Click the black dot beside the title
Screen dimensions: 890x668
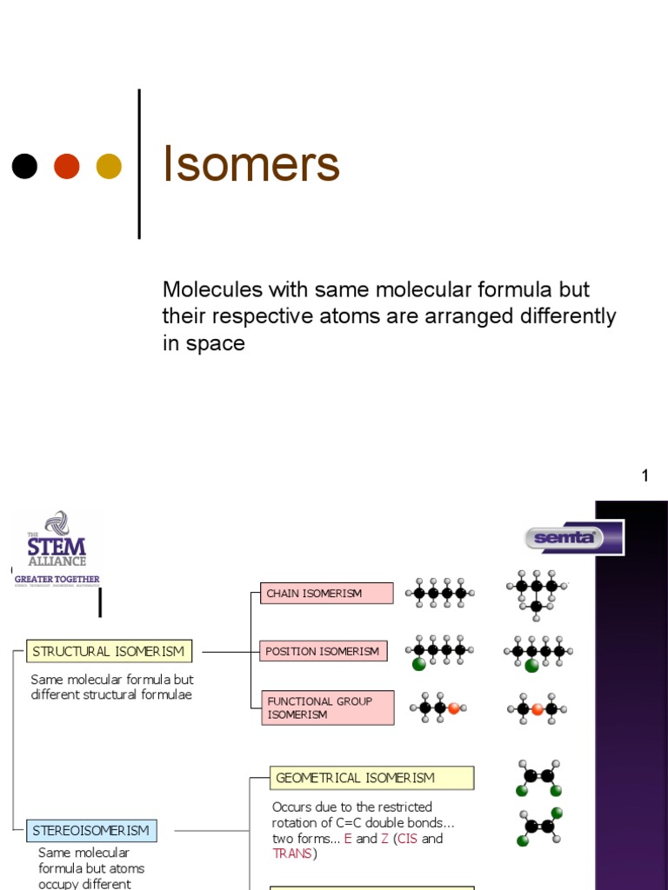tap(24, 166)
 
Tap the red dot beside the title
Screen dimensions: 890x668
tap(67, 166)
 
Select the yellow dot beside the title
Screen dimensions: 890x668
tap(109, 166)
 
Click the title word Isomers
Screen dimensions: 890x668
tap(250, 165)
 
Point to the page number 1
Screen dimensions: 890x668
tap(645, 475)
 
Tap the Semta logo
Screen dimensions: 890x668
tap(571, 537)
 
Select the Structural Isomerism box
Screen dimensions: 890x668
tap(109, 651)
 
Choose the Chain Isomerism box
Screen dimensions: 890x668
tap(326, 594)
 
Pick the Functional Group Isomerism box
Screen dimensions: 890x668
tap(327, 707)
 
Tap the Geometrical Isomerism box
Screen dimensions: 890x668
tap(371, 778)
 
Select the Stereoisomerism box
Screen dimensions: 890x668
tap(91, 831)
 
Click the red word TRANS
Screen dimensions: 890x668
tap(292, 853)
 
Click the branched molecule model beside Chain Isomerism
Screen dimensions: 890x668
tap(536, 594)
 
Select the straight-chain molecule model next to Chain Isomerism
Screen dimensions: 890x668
tap(439, 594)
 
